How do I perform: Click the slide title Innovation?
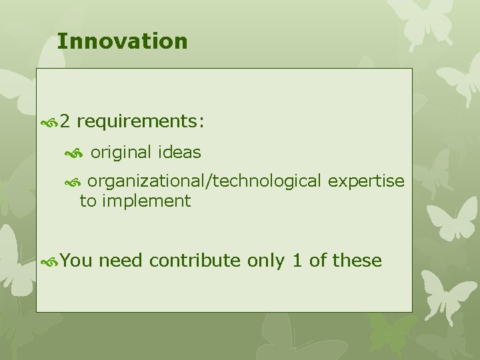click(x=122, y=41)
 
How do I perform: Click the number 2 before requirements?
click(x=65, y=122)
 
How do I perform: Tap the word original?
click(x=121, y=153)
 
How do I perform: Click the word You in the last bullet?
click(x=76, y=261)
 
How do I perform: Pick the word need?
click(x=120, y=261)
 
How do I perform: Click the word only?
click(x=266, y=261)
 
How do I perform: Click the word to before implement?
click(x=87, y=201)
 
